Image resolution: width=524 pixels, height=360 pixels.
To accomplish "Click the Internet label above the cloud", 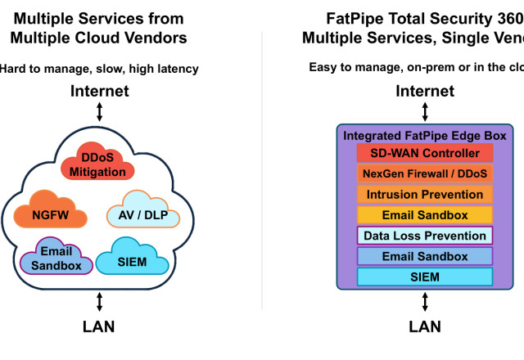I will point(100,91).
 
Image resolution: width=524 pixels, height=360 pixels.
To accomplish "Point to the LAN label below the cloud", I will point(99,326).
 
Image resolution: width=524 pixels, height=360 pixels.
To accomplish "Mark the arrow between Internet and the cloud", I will point(100,112).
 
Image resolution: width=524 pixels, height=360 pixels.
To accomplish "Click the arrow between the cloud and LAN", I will point(100,302).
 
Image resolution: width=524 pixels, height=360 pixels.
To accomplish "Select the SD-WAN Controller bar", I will point(425,154).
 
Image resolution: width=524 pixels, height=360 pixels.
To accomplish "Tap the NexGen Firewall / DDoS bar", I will point(425,174).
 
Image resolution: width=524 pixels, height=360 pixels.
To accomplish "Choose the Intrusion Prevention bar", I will point(425,195).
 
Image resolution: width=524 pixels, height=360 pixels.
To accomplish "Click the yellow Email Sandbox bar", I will point(425,215).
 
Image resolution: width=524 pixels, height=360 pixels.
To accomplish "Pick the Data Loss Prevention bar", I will point(425,236).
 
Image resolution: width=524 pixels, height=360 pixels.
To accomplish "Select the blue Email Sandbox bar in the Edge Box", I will point(425,256).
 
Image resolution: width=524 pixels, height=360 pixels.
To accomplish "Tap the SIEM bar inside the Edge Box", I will point(425,277).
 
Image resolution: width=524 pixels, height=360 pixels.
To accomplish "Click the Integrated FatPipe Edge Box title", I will point(425,134).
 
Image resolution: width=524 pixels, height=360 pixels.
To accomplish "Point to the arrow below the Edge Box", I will point(425,302).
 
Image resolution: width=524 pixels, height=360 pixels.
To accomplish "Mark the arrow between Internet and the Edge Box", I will point(425,112).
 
